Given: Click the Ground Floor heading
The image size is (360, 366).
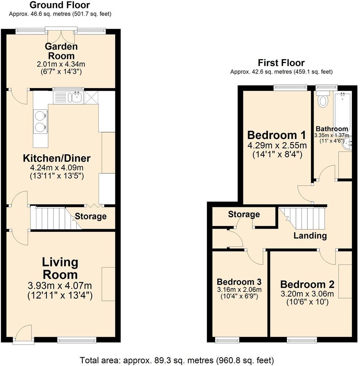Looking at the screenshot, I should point(60,5).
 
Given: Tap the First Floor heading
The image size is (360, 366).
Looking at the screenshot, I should point(281,63).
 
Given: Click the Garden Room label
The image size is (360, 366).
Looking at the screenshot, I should point(61,51).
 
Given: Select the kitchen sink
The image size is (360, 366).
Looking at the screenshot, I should point(69,97).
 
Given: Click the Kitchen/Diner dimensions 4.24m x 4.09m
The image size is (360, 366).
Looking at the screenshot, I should point(56,168).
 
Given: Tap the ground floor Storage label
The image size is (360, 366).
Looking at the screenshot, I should point(91,217).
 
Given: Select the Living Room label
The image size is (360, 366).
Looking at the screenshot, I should point(60,269).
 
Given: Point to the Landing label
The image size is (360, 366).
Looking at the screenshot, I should point(310,236).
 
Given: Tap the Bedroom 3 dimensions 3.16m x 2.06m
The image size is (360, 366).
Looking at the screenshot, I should point(239,290).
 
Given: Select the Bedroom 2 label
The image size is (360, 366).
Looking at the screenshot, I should point(307,285).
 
